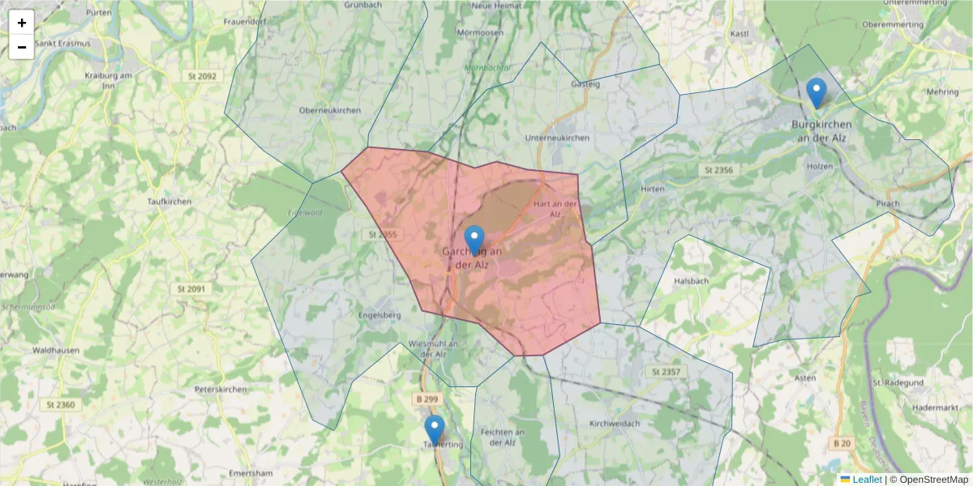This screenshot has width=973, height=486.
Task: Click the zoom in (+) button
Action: [x=22, y=23]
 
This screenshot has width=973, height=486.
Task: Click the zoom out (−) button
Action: [x=22, y=47]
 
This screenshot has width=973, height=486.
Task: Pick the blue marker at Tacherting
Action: [x=435, y=430]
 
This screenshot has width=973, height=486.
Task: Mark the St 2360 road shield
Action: [x=61, y=405]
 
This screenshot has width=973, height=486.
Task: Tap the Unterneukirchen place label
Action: [x=557, y=139]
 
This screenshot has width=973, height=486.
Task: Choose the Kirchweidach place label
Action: [x=615, y=424]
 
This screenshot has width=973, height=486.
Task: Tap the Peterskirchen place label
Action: [x=221, y=390]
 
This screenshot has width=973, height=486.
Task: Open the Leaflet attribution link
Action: [x=867, y=480]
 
